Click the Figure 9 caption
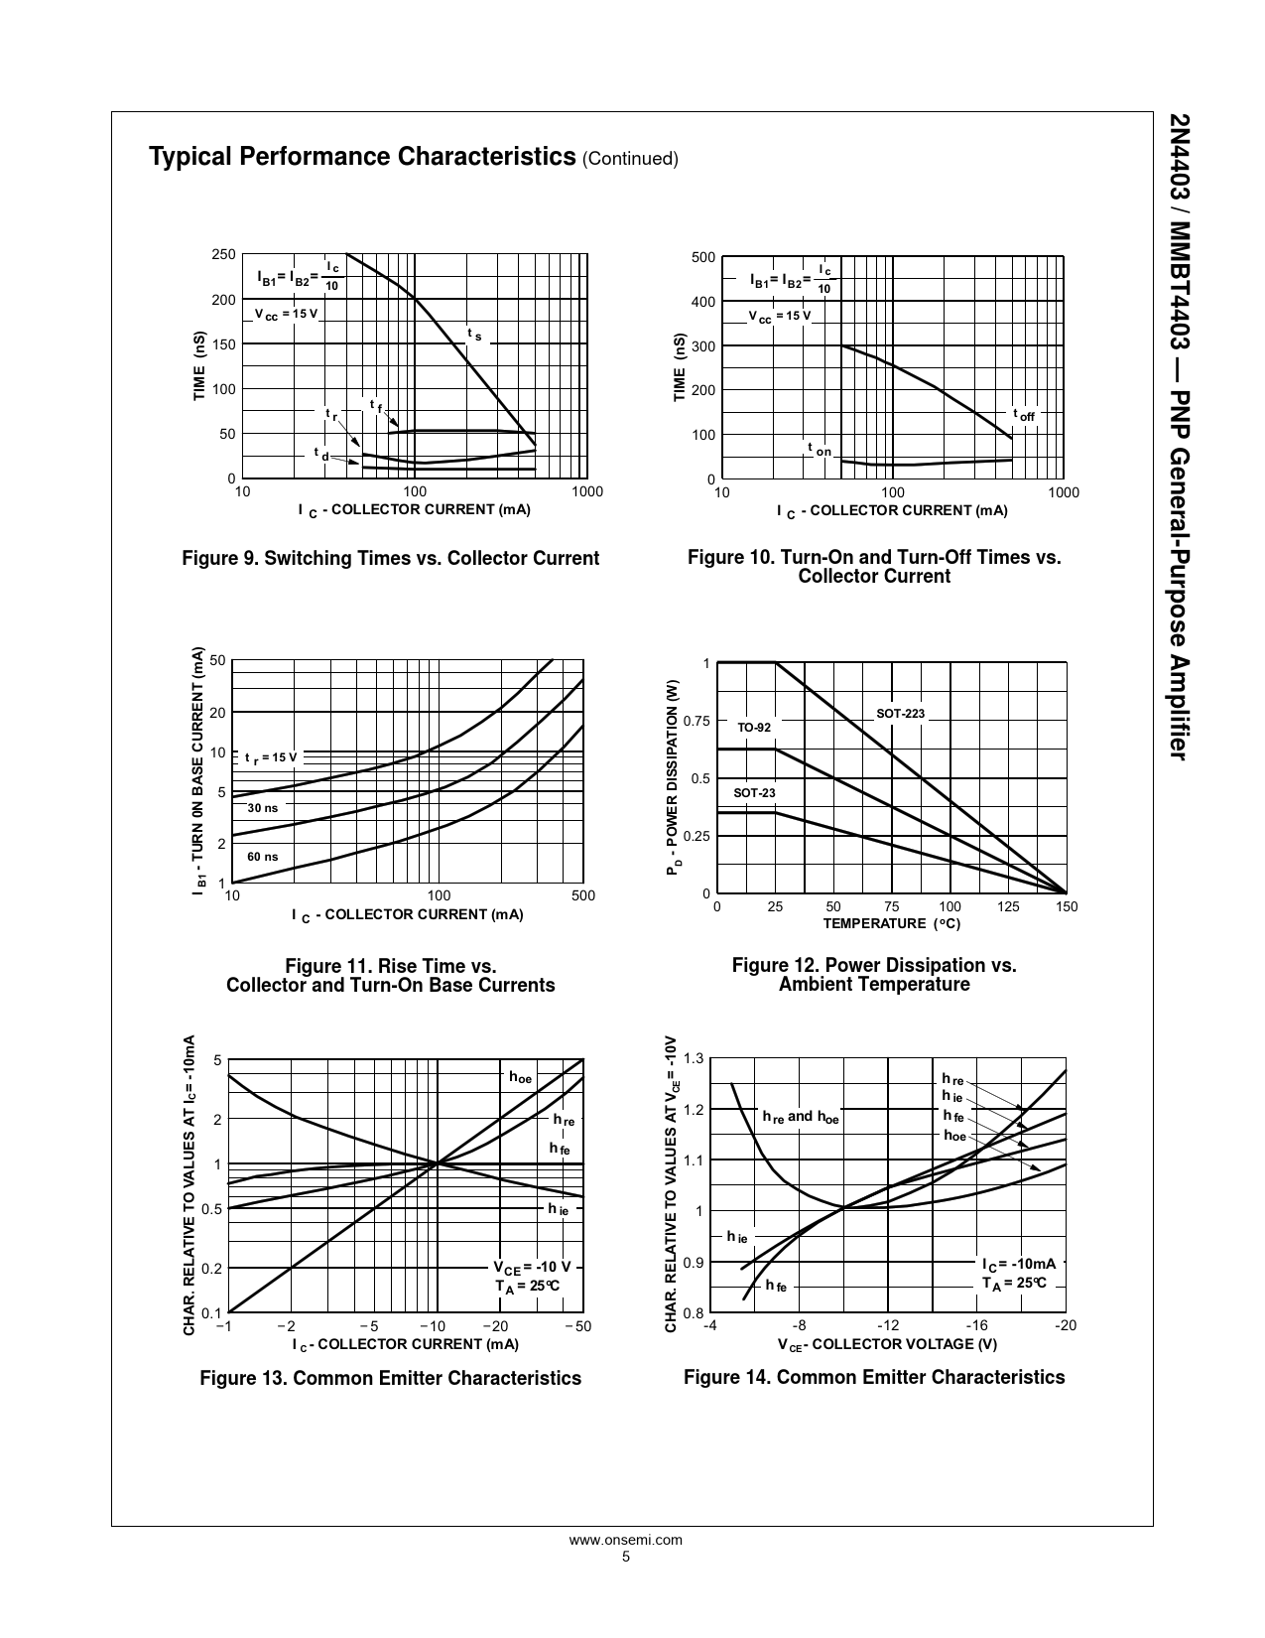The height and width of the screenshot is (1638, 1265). click(x=390, y=558)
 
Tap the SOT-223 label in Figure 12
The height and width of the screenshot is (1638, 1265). click(x=900, y=714)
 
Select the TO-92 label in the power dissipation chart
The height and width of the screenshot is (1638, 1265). click(x=754, y=728)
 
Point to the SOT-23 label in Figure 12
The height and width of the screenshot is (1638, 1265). click(x=754, y=792)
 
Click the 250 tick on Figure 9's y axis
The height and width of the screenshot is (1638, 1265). click(x=223, y=255)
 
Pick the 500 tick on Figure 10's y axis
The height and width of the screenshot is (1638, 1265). click(x=702, y=258)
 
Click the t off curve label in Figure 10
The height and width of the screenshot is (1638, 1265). click(x=1023, y=415)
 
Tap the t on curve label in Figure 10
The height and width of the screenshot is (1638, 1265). click(x=819, y=450)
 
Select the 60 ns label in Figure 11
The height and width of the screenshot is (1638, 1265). click(x=262, y=856)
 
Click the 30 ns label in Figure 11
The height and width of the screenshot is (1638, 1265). click(x=262, y=807)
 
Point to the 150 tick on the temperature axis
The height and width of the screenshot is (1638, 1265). click(x=1067, y=906)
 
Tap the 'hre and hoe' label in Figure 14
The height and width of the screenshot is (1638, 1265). click(x=800, y=1117)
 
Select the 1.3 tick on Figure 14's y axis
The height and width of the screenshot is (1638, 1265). click(x=694, y=1058)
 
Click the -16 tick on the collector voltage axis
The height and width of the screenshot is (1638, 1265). click(x=977, y=1325)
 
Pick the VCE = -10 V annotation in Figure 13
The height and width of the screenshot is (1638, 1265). click(x=532, y=1267)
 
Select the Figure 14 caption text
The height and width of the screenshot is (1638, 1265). click(x=874, y=1377)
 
